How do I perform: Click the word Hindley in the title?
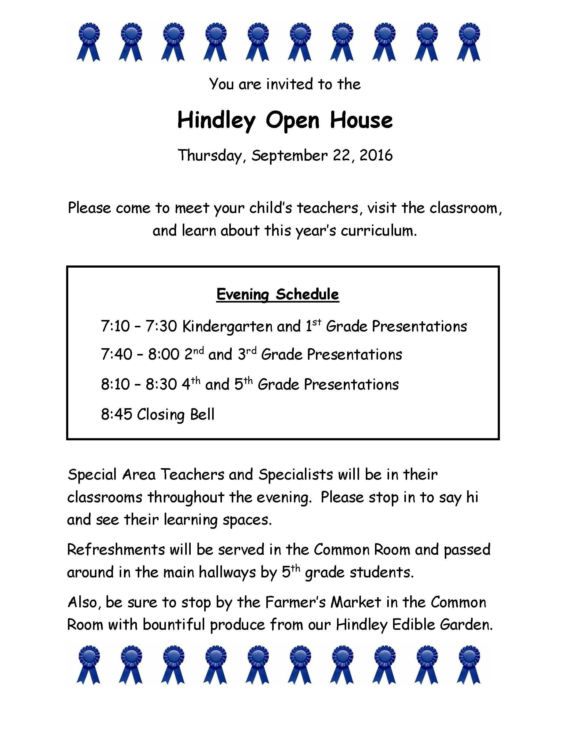216,120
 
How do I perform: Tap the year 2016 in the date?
376,155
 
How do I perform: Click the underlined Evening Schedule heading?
278,294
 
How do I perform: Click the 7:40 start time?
116,355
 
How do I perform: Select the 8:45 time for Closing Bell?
116,414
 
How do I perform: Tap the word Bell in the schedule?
202,414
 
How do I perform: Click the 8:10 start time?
115,384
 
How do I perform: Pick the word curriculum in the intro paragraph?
378,231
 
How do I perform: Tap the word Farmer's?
294,602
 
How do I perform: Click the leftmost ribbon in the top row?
89,41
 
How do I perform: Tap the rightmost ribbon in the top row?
469,41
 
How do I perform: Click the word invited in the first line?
289,84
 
